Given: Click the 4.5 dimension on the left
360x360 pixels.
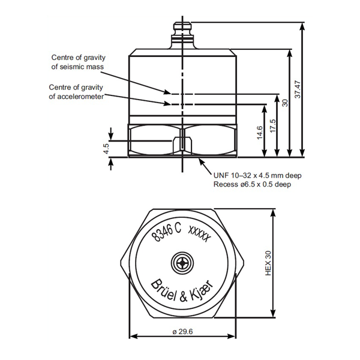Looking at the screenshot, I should tap(106, 148).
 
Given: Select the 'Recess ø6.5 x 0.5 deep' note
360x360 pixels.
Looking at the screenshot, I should tap(252, 184).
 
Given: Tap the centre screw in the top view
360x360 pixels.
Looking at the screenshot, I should tap(181, 262).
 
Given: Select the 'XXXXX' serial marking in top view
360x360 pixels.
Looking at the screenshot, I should tap(199, 233).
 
